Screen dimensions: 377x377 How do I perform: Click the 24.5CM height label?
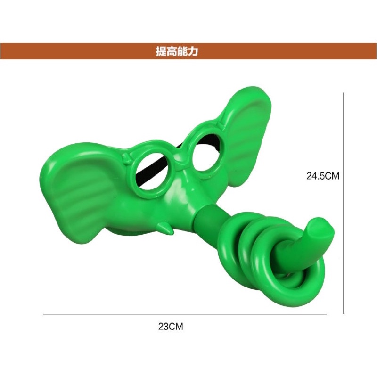point(323,176)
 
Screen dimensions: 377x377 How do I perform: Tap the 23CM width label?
point(171,327)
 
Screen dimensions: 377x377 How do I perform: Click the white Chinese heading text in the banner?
point(177,51)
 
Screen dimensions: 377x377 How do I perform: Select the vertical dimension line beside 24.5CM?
point(344,203)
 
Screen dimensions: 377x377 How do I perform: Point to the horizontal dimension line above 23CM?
point(185,314)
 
